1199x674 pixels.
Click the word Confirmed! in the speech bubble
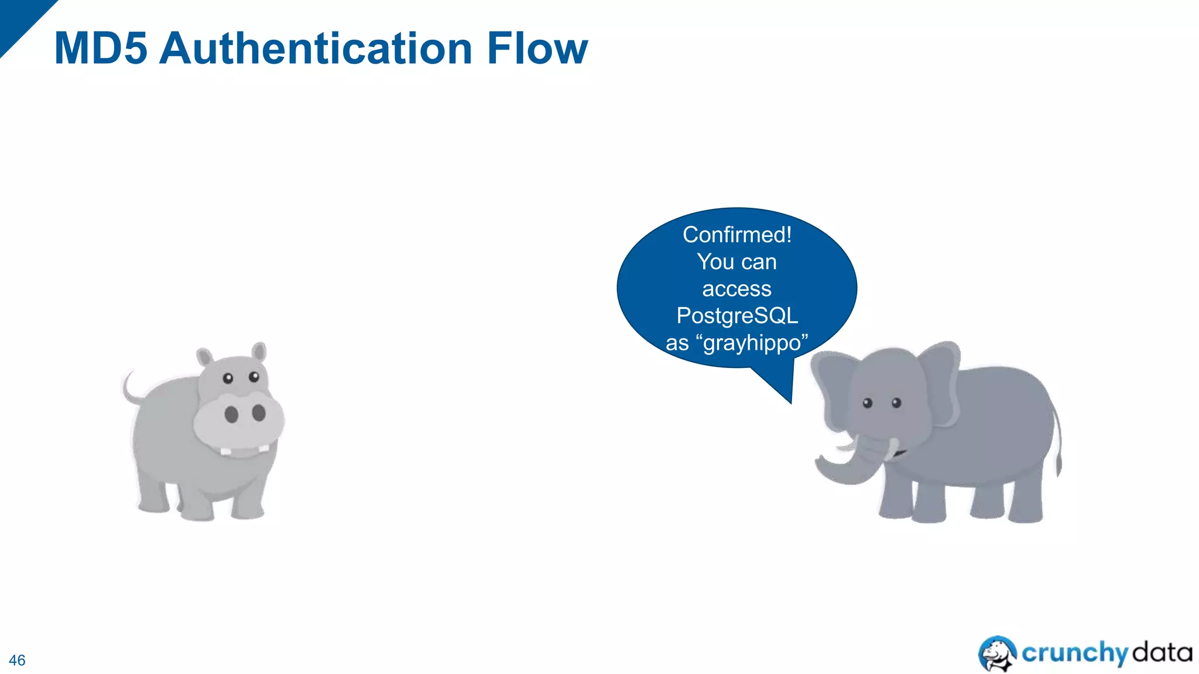click(736, 235)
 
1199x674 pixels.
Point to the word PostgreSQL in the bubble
click(736, 316)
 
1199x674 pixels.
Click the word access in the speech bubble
click(736, 289)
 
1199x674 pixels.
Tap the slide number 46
click(17, 660)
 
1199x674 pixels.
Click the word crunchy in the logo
click(1074, 653)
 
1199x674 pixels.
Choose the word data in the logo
click(1162, 652)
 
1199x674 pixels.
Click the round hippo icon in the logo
click(998, 653)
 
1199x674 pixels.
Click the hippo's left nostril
click(231, 414)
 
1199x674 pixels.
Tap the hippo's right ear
click(259, 353)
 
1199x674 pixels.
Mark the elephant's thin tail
click(1058, 445)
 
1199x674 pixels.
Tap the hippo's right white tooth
click(263, 448)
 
